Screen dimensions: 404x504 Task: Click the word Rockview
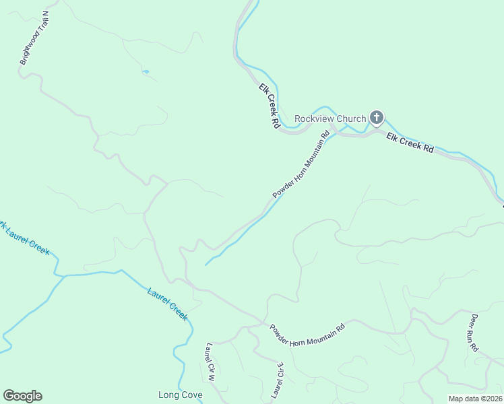click(315, 119)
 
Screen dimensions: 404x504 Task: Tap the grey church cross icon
click(376, 119)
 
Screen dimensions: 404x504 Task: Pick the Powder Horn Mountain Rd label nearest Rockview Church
click(301, 164)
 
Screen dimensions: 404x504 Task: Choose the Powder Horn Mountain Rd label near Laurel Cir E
click(307, 335)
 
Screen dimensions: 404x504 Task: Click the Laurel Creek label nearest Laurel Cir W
click(167, 303)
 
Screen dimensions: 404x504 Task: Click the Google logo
click(22, 396)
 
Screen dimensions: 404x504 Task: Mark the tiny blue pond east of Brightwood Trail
click(145, 71)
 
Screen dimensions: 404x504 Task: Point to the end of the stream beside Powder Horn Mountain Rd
click(206, 265)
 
